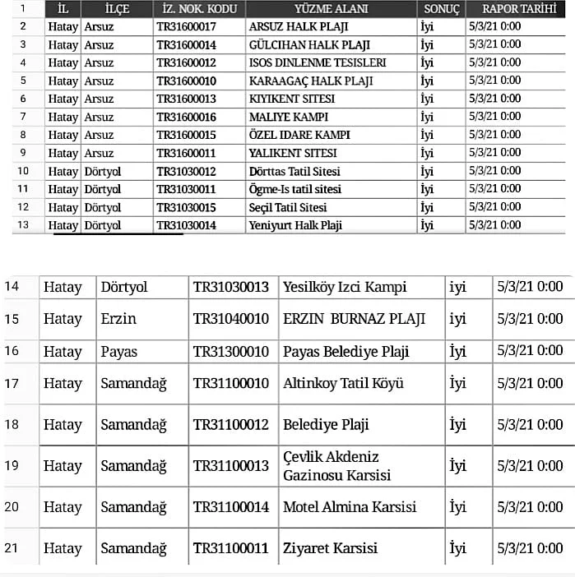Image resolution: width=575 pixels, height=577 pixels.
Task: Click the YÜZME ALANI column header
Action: [x=331, y=9]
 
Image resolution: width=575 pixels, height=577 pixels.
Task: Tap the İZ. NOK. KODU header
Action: [x=198, y=9]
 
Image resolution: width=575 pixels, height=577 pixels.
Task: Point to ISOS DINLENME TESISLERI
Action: [x=318, y=62]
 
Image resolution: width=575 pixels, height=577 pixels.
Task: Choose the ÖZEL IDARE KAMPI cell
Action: [x=299, y=135]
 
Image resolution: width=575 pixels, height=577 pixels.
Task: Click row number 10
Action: [x=23, y=171]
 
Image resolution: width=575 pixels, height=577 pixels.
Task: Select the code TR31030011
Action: [x=186, y=189]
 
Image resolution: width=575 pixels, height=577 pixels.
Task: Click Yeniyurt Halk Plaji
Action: [x=295, y=225]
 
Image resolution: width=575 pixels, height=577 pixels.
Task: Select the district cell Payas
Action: [x=119, y=352]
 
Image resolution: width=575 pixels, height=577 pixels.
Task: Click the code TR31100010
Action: [x=231, y=383]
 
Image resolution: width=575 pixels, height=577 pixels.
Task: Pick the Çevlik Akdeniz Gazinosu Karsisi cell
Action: [x=336, y=465]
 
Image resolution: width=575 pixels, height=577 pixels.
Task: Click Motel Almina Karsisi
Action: [x=350, y=506]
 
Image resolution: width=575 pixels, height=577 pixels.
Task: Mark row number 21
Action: [x=12, y=547]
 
